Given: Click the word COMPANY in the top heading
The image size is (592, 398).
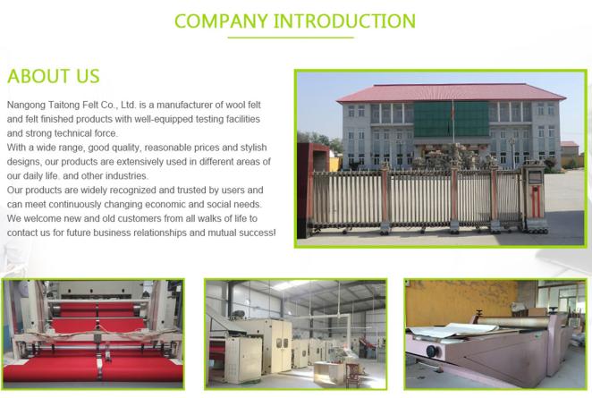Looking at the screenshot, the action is (221, 21).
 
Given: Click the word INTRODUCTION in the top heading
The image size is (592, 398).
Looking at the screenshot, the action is (344, 21).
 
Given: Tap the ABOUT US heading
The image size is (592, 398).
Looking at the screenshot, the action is (54, 76).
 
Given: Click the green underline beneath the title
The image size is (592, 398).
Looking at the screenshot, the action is (291, 38).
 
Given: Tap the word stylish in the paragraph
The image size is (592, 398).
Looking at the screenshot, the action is (254, 148).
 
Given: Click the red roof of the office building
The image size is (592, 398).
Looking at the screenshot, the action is (451, 93).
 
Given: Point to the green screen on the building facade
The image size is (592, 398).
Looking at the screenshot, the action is (452, 119).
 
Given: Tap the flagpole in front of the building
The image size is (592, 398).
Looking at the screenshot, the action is (453, 121).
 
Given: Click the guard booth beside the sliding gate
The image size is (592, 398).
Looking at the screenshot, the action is (535, 197).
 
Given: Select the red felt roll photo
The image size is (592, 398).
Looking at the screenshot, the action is (93, 334).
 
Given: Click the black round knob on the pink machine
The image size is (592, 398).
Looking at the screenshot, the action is (432, 351).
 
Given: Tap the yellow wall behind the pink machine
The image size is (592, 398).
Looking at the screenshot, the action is (461, 302).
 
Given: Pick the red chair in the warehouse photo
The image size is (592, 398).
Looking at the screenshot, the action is (353, 374).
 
